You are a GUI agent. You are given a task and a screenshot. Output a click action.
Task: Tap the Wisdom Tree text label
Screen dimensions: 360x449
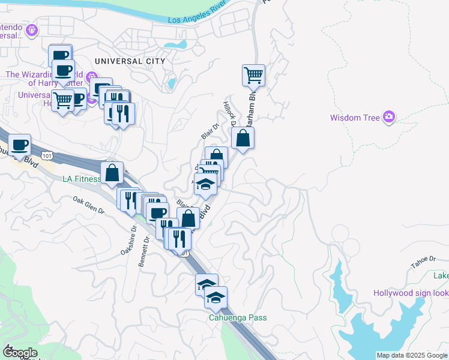coord(355,118)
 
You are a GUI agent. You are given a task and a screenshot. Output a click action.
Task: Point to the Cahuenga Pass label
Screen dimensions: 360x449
coord(238,317)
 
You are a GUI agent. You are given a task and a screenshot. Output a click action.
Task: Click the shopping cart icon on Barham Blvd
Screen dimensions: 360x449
coord(253,76)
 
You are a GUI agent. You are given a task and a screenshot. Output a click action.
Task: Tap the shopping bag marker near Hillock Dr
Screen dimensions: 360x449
coord(243,139)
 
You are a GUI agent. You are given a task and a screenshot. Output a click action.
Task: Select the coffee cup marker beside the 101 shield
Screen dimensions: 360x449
coord(20,145)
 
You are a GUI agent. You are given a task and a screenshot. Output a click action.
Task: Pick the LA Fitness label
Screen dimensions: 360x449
coord(80,179)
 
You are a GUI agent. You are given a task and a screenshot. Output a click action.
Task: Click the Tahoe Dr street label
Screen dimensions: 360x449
coord(423,259)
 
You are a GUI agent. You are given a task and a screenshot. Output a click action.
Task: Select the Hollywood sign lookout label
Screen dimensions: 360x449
coord(411,293)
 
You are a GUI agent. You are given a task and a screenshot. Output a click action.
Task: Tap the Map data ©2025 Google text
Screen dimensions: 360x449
coord(412,355)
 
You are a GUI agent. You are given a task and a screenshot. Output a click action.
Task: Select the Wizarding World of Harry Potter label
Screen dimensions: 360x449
coord(43,79)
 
